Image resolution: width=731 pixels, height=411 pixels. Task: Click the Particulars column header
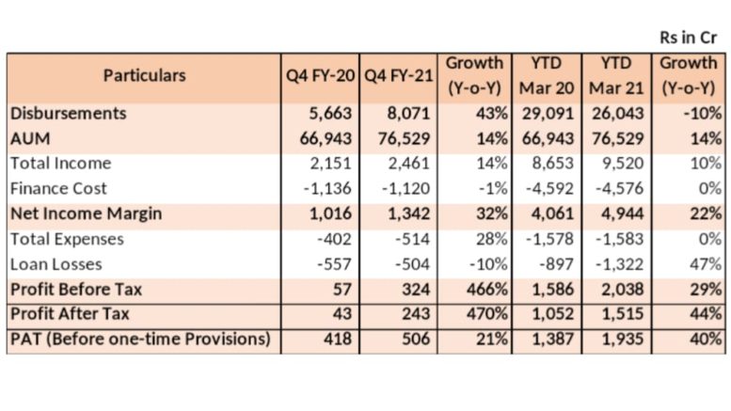click(x=145, y=75)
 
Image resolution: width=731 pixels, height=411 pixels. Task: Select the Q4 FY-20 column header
click(x=320, y=75)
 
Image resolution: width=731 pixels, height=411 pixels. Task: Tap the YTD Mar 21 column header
click(x=616, y=75)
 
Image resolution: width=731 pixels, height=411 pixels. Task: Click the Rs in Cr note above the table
click(x=688, y=38)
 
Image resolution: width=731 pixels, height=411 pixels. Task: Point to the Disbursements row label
click(x=69, y=113)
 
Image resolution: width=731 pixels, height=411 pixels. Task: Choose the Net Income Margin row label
click(x=87, y=213)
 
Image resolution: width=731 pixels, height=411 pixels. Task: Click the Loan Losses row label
click(x=56, y=264)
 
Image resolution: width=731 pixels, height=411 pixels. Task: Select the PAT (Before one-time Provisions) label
click(x=140, y=339)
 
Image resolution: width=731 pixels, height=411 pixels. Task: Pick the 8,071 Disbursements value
click(x=408, y=113)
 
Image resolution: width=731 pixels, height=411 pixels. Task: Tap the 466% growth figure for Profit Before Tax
click(x=486, y=290)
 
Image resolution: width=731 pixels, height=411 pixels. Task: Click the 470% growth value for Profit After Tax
click(x=486, y=313)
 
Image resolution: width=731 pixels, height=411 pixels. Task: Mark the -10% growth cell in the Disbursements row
click(x=703, y=113)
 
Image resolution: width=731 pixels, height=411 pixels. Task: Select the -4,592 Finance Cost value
click(x=549, y=188)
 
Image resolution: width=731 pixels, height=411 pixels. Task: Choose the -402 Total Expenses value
click(x=334, y=239)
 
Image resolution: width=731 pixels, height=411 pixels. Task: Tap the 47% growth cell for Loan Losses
click(x=706, y=264)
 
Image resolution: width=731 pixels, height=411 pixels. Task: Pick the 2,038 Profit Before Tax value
click(x=623, y=290)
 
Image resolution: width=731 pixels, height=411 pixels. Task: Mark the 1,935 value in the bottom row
click(x=623, y=339)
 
